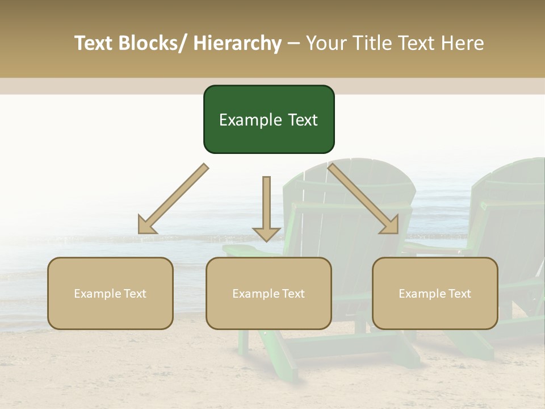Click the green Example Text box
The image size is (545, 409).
click(x=269, y=119)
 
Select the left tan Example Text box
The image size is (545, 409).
click(x=110, y=293)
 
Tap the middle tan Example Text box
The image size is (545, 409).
click(x=269, y=293)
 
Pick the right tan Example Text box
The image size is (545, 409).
click(x=435, y=293)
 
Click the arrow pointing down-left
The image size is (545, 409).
click(x=173, y=199)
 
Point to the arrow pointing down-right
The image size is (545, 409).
click(x=363, y=199)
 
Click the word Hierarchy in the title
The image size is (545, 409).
click(x=237, y=43)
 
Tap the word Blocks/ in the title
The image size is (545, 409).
click(x=156, y=43)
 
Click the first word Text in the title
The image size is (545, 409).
click(x=95, y=43)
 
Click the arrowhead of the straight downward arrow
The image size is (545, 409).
click(x=266, y=233)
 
